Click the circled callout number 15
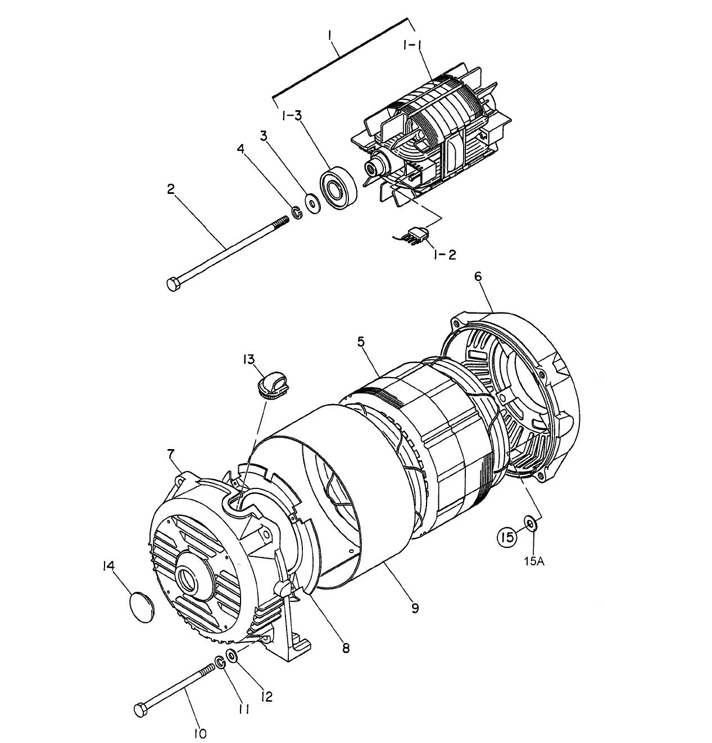506,537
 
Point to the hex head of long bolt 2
174,284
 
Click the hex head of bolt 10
141,709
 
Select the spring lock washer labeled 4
296,213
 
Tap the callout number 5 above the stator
361,341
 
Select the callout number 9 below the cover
415,608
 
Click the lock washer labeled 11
220,663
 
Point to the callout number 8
346,647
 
